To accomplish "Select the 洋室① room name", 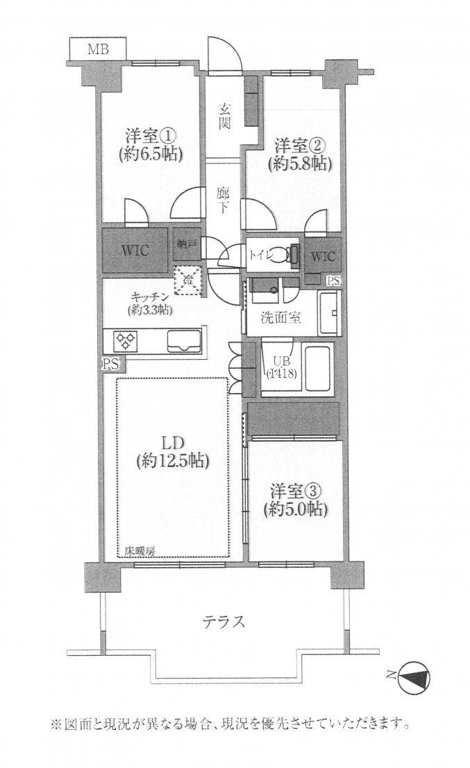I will click(150, 135).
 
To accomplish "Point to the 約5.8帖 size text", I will click(300, 164).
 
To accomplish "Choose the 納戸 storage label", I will click(184, 243).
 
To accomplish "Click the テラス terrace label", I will click(223, 621).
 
